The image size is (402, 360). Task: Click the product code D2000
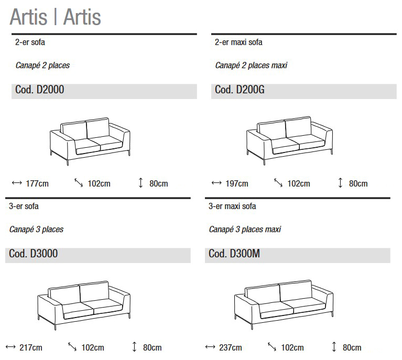[x=37, y=90]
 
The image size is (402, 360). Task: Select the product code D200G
[x=240, y=90]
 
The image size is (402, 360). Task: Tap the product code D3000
[x=34, y=254]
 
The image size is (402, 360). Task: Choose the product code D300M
[x=234, y=254]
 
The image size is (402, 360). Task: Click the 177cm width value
[x=37, y=183]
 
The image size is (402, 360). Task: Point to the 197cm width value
[x=236, y=183]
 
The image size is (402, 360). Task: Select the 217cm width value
[x=30, y=347]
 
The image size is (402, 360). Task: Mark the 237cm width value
[x=230, y=347]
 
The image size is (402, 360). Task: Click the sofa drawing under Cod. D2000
[x=89, y=140]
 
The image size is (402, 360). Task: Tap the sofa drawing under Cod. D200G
[x=289, y=140]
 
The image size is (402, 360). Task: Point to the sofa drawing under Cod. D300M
[x=283, y=304]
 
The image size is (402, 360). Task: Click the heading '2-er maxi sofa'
[x=238, y=42]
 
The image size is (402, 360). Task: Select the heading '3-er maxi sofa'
[x=232, y=206]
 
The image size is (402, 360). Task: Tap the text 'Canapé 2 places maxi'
[x=251, y=66]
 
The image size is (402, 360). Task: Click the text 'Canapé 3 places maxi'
[x=245, y=230]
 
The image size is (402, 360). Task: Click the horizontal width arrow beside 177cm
[x=16, y=183]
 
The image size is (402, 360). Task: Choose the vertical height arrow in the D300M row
[x=334, y=347]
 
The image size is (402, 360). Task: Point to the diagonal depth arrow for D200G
[x=278, y=183]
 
